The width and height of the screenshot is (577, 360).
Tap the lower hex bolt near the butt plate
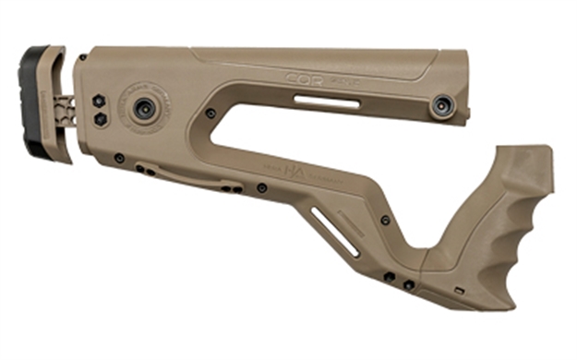97,121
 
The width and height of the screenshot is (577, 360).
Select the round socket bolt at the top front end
442,103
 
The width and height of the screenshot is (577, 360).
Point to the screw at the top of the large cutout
211,113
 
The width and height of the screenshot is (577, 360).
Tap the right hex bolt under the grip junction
408,285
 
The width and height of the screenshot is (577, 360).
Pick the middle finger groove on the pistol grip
534,235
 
